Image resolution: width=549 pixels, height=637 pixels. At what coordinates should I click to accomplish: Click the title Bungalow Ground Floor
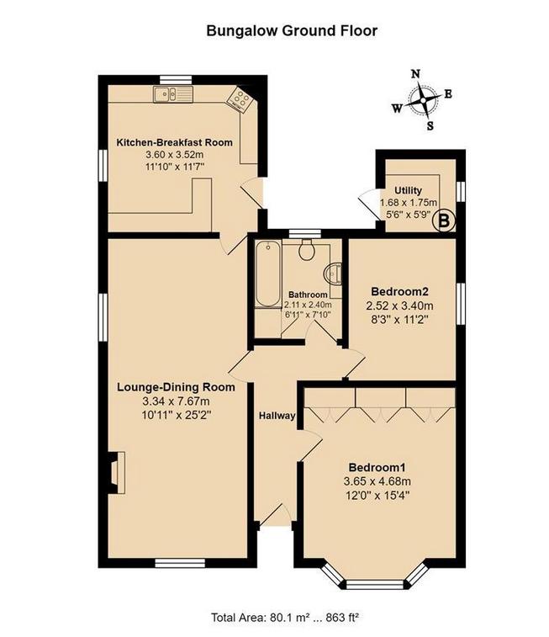point(292,30)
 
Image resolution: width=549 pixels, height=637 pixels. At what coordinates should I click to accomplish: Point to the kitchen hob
point(240,100)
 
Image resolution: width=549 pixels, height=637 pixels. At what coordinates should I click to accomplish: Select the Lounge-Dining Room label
point(177,387)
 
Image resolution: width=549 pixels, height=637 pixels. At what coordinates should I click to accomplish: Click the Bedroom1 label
point(377,467)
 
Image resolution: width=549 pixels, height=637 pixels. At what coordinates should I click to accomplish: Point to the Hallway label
point(276,416)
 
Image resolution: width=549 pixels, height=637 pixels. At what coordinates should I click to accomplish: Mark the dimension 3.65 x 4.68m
point(377,481)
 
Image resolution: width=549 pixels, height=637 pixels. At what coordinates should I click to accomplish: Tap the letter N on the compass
point(414,73)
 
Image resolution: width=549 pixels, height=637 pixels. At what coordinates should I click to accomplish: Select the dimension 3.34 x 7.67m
point(176,401)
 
